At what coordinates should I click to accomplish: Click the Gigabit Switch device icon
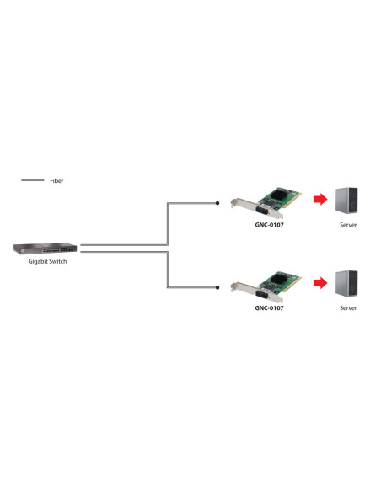pos(45,249)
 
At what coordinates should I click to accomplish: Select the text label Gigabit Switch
pos(47,262)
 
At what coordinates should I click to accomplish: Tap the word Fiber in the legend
pos(56,181)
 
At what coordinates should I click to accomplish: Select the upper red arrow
pos(319,201)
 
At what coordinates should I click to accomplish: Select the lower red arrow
pos(319,283)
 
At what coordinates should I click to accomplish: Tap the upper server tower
pos(346,200)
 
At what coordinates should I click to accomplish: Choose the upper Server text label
pos(348,226)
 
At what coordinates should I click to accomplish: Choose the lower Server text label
pos(348,308)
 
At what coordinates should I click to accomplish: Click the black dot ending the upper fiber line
pos(218,203)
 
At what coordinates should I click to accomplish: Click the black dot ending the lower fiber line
pos(218,287)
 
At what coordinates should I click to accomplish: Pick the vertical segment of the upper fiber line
pos(168,223)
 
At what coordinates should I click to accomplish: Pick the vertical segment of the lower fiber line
pos(168,268)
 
